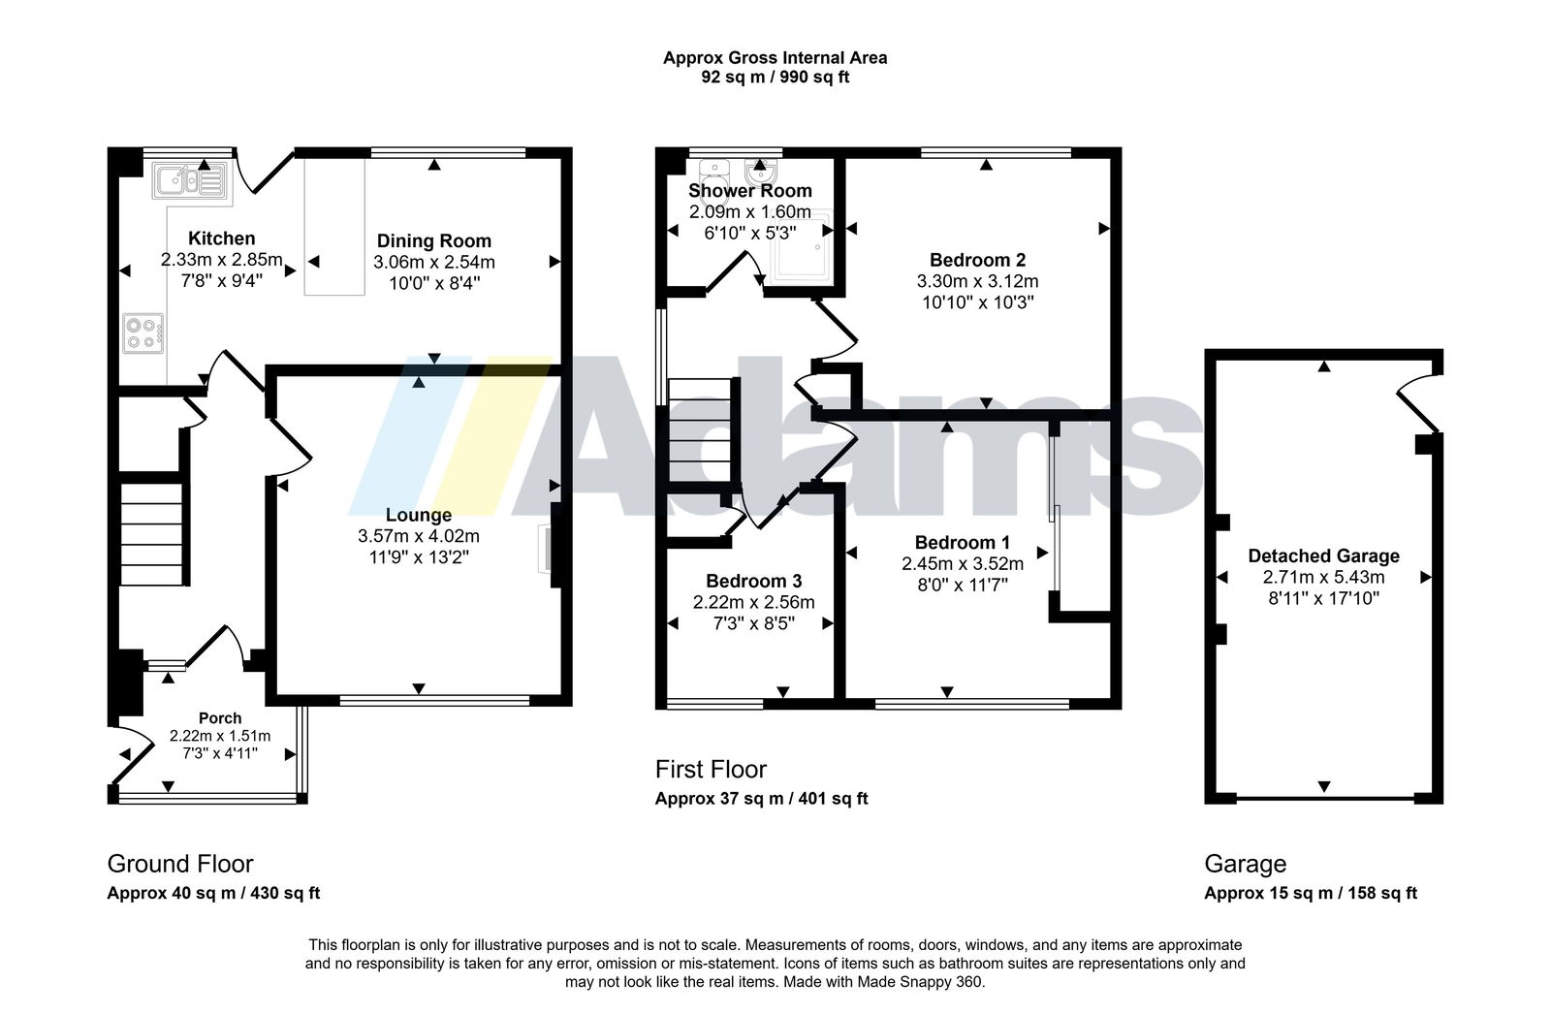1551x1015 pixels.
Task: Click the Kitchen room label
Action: (x=222, y=238)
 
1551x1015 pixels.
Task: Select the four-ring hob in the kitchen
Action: (x=143, y=333)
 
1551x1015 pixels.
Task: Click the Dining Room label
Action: (x=434, y=241)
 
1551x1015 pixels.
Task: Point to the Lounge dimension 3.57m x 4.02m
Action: (x=418, y=536)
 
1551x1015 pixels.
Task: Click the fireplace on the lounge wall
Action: (x=545, y=549)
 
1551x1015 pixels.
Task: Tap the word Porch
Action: (x=220, y=718)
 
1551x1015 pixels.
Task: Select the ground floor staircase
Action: (x=152, y=534)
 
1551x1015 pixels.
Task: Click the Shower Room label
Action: (x=750, y=190)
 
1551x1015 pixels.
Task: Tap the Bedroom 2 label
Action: (x=977, y=261)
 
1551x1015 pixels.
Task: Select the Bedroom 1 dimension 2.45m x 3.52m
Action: (x=963, y=564)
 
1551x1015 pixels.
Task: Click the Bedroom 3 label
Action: (x=753, y=581)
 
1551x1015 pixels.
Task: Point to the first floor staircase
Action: (x=699, y=429)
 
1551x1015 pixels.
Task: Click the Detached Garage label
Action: (x=1323, y=555)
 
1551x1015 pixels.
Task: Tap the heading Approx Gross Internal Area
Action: (x=775, y=58)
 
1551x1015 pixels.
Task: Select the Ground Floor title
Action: (x=180, y=864)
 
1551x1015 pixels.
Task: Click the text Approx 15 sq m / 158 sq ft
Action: (x=1310, y=893)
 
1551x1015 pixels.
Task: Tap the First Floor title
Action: (x=712, y=769)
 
